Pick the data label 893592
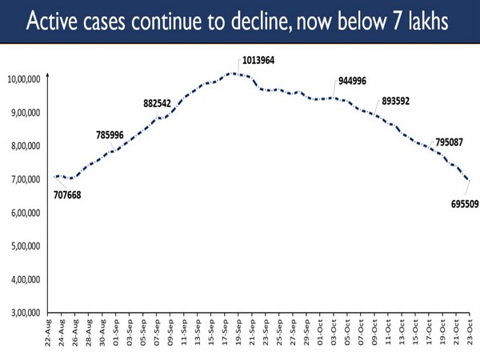[x=400, y=102]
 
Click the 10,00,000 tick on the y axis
[x=26, y=78]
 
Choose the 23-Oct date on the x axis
[x=470, y=334]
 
